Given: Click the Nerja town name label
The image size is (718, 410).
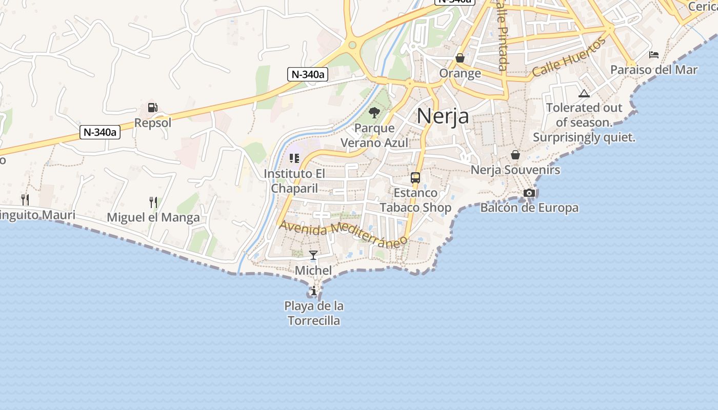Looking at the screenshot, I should click(443, 116).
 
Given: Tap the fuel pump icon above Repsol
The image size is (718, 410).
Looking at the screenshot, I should click(152, 108).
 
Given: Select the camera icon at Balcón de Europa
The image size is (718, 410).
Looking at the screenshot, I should click(529, 193).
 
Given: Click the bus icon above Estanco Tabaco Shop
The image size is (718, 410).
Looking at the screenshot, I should click(415, 178).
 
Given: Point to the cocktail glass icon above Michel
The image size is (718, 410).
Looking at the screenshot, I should click(313, 255).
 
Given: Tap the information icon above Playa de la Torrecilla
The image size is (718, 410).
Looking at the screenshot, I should click(314, 291).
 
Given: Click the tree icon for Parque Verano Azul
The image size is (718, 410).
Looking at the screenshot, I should click(374, 112).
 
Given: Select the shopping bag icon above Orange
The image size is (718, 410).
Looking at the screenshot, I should click(460, 58).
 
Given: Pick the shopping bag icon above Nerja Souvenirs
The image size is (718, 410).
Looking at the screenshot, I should click(515, 155).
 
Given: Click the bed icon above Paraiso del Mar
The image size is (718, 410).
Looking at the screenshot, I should click(654, 54).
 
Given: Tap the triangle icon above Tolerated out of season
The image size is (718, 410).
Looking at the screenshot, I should click(584, 93).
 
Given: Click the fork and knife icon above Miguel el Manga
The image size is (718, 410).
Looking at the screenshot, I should click(153, 202).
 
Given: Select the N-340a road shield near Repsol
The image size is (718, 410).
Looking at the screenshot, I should click(101, 132).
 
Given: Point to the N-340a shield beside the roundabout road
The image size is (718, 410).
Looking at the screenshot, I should click(307, 74).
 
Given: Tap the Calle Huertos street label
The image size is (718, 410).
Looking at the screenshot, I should click(569, 57).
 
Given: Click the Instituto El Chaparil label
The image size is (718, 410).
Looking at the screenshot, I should click(294, 181).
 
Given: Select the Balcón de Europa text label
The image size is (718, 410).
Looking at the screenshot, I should click(529, 208).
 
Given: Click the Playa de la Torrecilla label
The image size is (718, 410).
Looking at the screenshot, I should click(314, 313).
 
